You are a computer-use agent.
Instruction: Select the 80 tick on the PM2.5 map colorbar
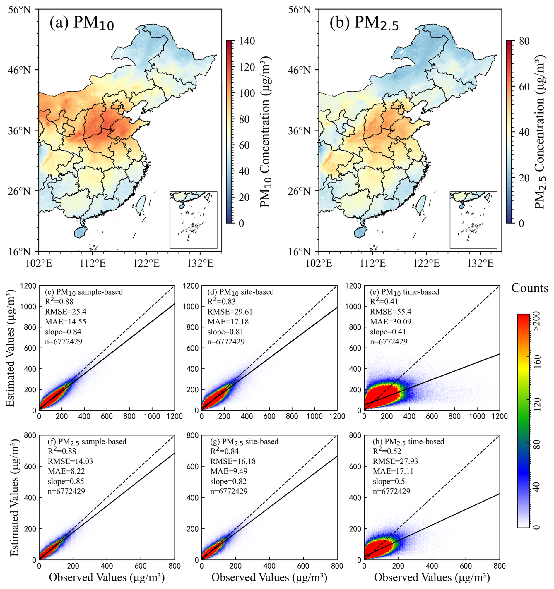(525, 41)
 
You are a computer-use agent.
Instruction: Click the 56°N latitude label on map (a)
(19, 10)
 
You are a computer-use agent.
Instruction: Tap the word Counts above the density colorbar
(530, 288)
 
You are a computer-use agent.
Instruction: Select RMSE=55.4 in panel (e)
(390, 312)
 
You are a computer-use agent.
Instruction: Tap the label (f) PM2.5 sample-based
(87, 442)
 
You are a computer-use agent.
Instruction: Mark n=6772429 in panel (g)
(229, 491)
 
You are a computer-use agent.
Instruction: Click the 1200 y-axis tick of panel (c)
(29, 286)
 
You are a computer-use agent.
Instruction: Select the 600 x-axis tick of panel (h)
(466, 566)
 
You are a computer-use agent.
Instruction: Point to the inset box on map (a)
(193, 219)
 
